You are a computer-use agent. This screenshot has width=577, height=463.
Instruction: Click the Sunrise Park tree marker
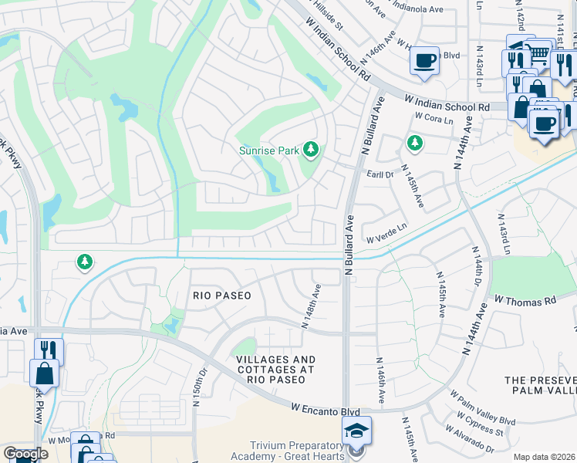coord(311,148)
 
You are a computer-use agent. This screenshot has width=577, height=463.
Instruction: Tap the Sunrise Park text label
coord(268,151)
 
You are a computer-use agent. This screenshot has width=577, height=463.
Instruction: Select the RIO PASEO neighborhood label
coord(222,295)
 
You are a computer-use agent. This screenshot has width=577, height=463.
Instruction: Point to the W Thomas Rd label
coord(525,299)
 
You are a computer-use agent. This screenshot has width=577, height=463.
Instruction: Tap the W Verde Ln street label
coord(385,238)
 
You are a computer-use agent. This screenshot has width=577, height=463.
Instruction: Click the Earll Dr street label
coord(380,175)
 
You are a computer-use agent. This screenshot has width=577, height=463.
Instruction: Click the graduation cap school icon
coord(357,430)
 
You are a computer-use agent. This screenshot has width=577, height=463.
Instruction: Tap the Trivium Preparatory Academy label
coord(297,451)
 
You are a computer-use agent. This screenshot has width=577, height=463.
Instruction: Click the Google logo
coord(25,455)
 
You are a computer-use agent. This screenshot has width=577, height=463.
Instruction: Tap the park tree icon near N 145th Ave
coord(415,143)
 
